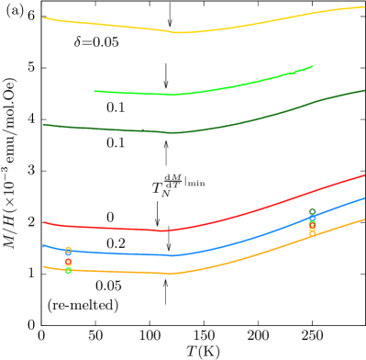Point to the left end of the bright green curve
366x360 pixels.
[x=94, y=91]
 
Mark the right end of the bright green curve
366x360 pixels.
[x=313, y=66]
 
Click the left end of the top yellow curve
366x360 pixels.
[x=44, y=17]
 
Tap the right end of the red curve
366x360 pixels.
[x=364, y=174]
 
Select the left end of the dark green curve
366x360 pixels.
[x=43, y=124]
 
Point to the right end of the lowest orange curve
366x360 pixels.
[x=364, y=219]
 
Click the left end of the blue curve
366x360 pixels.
[x=43, y=245]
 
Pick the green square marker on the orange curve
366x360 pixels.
[x=68, y=270]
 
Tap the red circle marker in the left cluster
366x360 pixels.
[x=68, y=263]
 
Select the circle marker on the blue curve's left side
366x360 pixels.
[x=68, y=250]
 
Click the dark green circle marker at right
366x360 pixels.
[x=312, y=212]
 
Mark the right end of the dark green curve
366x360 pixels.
[x=364, y=90]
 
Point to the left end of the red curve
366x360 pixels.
[x=44, y=222]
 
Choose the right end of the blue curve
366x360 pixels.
[x=364, y=197]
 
